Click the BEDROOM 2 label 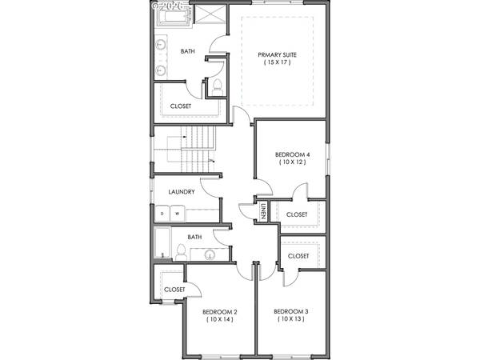pos(219,312)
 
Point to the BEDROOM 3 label pos(290,311)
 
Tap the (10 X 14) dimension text pos(219,320)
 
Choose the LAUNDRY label pos(182,192)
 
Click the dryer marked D pos(162,214)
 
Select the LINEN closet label pos(263,212)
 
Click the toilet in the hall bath pos(181,253)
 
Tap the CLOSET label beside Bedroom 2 pos(174,290)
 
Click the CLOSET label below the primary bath pos(181,106)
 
